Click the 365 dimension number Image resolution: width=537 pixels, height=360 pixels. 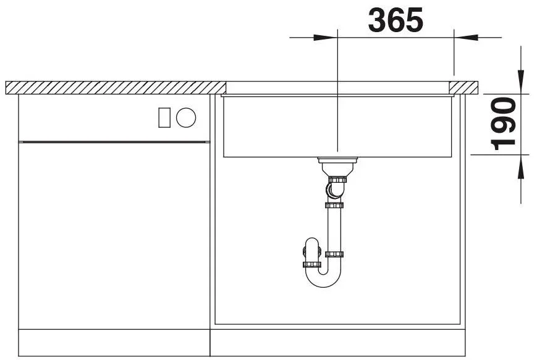point(395,20)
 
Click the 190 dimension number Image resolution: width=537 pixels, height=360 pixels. point(503,124)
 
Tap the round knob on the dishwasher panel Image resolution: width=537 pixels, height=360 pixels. point(186,117)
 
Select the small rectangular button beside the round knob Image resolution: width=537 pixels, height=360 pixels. point(164,117)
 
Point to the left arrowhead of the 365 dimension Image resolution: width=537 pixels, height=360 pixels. point(325,37)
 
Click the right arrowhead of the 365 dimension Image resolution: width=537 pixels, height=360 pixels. point(466,37)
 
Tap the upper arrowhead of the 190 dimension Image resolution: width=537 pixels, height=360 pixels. point(521,82)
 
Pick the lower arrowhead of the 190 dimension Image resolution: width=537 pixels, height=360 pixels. point(521,167)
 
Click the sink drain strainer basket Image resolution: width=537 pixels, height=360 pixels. point(337,166)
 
